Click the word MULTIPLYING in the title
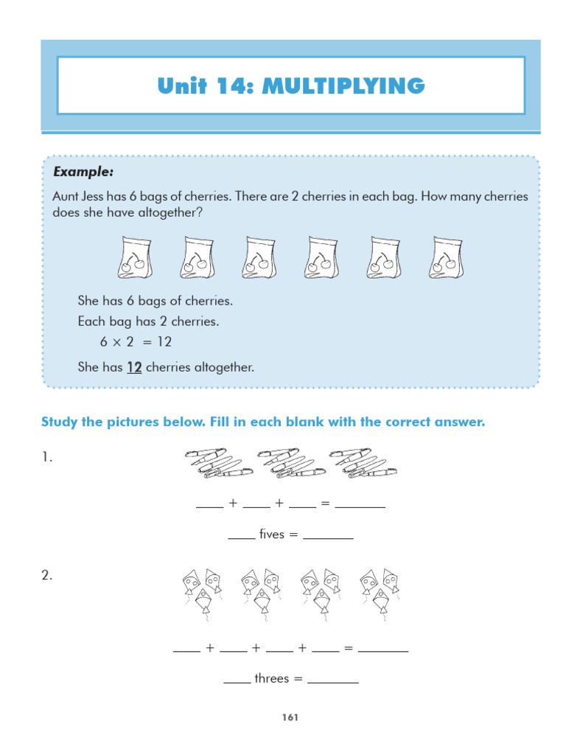coord(343,87)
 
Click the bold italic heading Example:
coord(83,172)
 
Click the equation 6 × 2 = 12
coord(136,342)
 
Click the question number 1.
coord(46,458)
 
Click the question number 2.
coord(46,576)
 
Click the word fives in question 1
coord(271,535)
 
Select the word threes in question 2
coord(271,678)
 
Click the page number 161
coord(288,717)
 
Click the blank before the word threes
coord(237,681)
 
